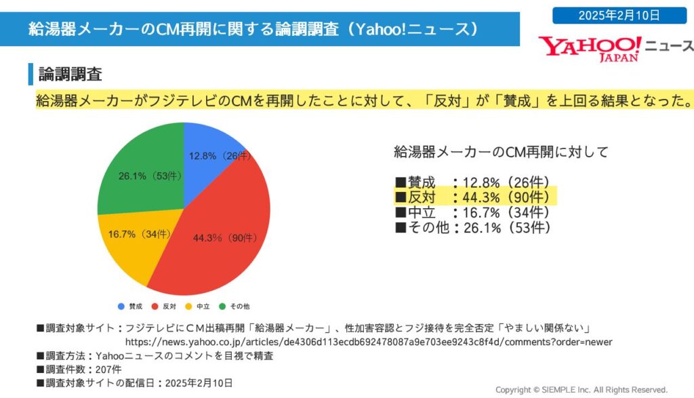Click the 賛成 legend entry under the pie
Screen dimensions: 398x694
pos(131,306)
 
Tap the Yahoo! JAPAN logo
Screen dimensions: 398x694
pos(590,47)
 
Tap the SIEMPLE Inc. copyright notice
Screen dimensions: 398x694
pos(581,390)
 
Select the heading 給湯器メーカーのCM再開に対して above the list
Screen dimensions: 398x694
pos(502,152)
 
